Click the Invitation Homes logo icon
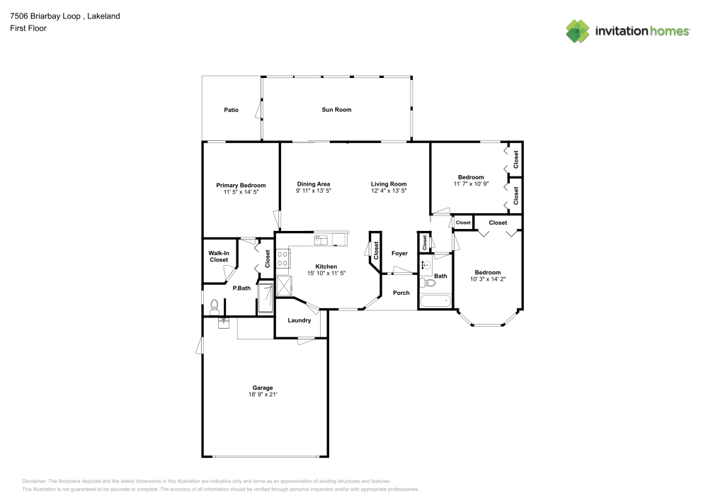point(578,30)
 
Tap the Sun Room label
point(336,110)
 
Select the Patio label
point(231,110)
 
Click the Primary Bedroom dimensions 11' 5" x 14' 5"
point(241,191)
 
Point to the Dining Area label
point(314,184)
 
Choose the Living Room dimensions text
point(389,191)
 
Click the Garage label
point(263,388)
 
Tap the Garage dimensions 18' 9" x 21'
point(263,395)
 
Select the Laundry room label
point(299,320)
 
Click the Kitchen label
point(326,266)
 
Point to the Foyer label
point(399,253)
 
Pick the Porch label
point(401,293)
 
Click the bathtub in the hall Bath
point(435,302)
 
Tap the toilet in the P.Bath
point(214,306)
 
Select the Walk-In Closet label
point(219,257)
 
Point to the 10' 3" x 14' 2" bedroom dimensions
point(487,279)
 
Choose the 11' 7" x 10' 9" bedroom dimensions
point(471,184)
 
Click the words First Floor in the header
point(28,28)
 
